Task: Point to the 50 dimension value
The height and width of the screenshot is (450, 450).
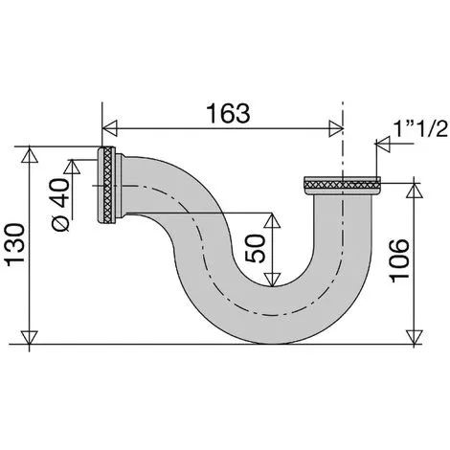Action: (254, 250)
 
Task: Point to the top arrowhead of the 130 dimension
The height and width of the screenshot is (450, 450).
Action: (30, 152)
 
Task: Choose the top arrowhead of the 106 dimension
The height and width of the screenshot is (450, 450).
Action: (414, 190)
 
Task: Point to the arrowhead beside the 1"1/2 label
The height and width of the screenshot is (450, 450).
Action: (380, 145)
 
